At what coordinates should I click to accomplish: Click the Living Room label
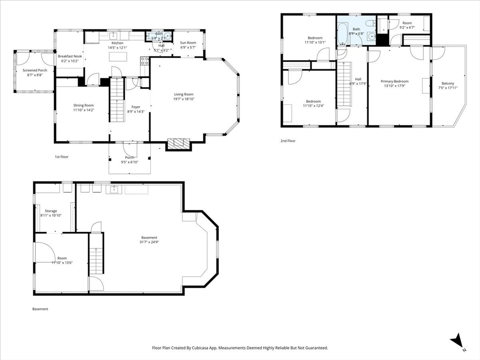point(183,94)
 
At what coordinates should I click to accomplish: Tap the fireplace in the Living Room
point(179,144)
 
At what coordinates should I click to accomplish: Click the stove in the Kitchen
point(145,61)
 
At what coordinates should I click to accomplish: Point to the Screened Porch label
point(35,70)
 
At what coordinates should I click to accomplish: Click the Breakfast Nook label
point(70,56)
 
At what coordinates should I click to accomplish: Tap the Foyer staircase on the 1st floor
point(116,105)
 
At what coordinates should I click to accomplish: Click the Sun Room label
point(188,43)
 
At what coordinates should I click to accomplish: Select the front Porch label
point(129,157)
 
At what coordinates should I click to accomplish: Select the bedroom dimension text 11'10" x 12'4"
point(313,106)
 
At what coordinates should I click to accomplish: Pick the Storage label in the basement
point(51,211)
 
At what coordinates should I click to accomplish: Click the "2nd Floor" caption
point(288,141)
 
